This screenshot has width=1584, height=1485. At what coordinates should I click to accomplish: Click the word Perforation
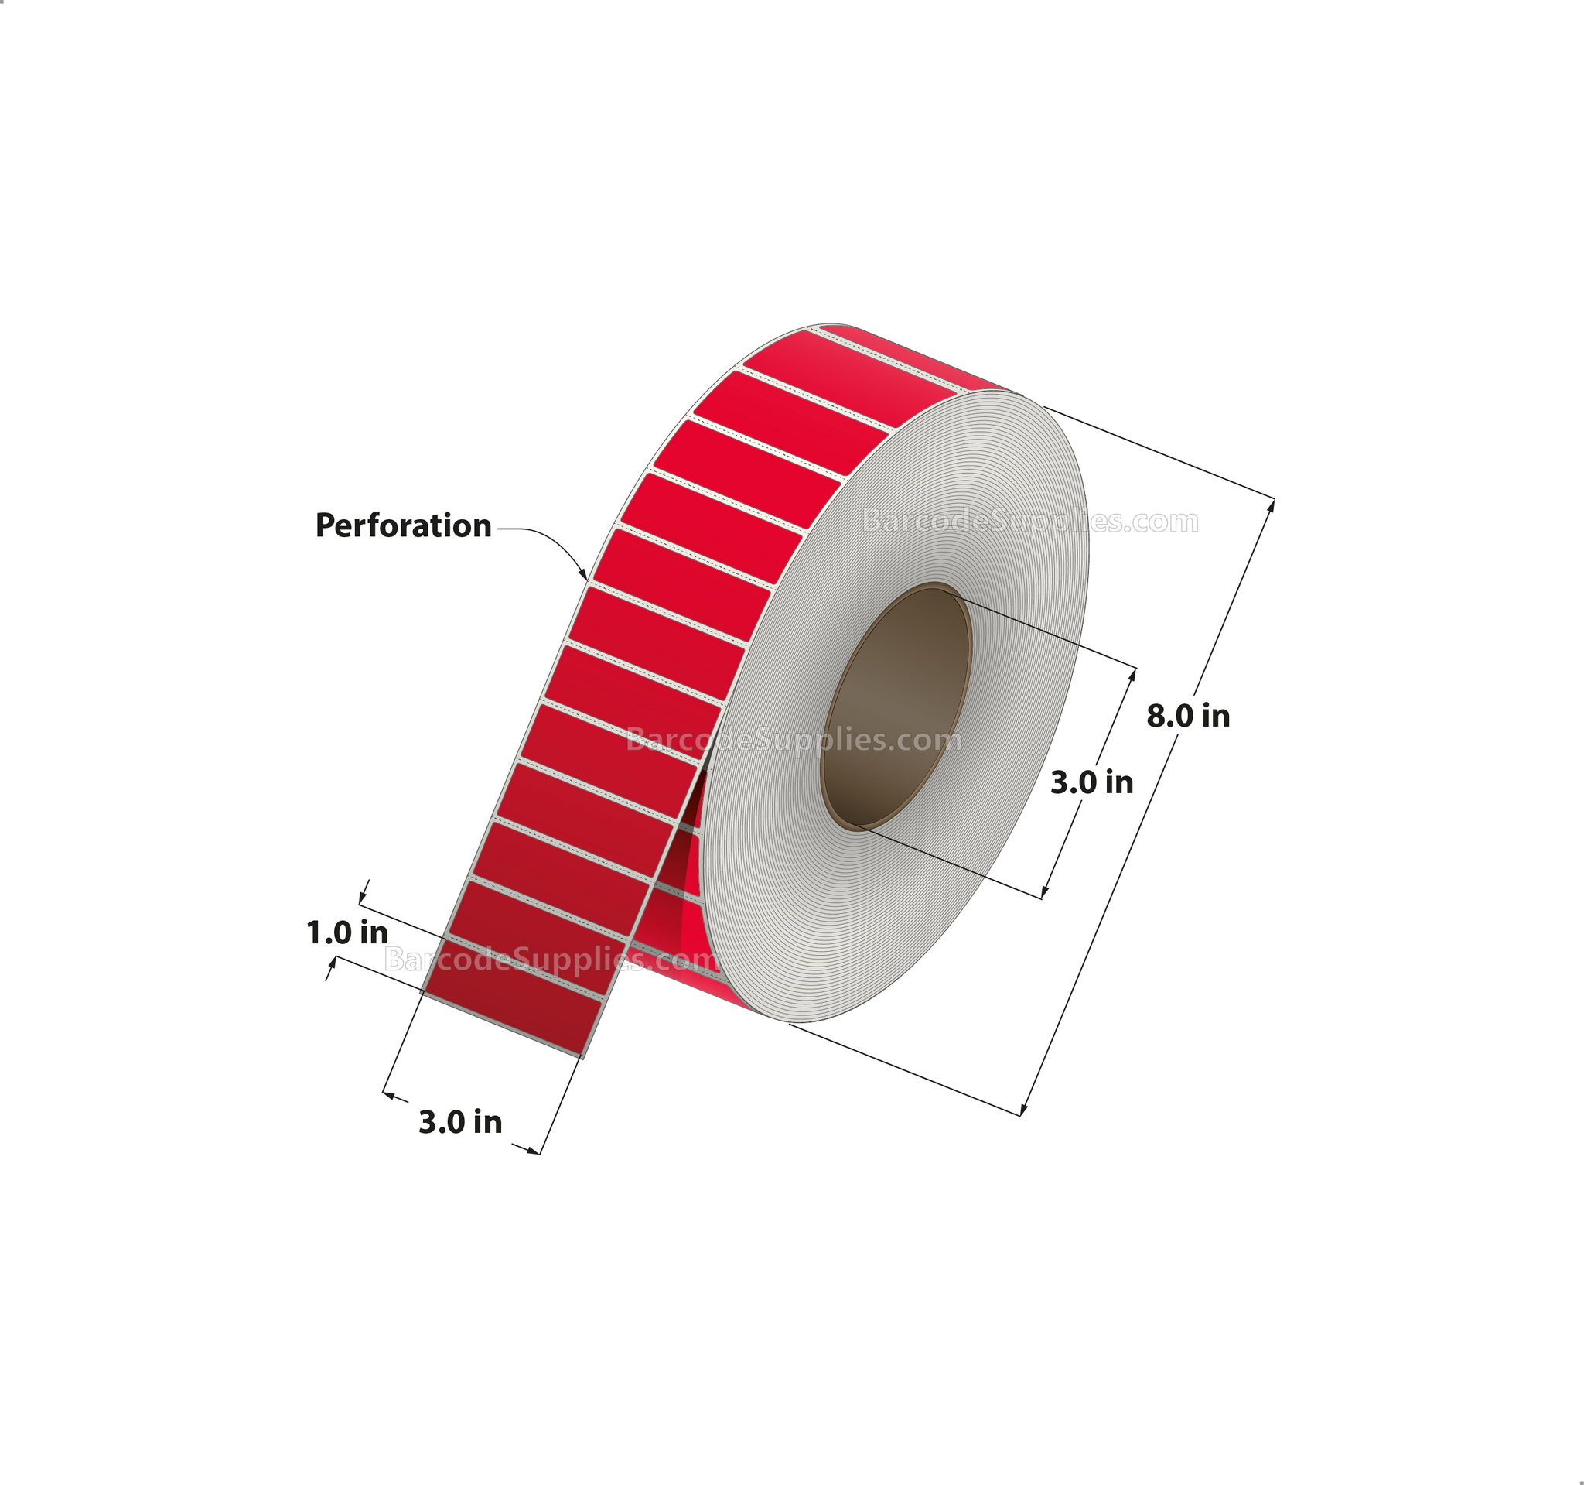coord(403,527)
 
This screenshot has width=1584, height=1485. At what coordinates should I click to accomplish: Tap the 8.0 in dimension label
coord(1187,717)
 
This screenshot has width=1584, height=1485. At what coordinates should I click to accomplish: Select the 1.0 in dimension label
coord(347,932)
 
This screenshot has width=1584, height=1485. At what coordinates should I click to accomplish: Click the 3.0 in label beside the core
coord(1091,783)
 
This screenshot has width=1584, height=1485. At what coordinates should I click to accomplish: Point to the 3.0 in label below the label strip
coord(460,1122)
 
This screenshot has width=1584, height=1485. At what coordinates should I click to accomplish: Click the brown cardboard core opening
coord(896,707)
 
